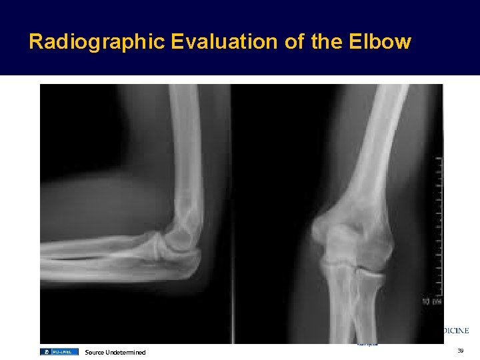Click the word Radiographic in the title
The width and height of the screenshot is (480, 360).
[97, 42]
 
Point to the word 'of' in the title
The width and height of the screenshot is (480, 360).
[295, 42]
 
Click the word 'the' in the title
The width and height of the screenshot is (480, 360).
[327, 42]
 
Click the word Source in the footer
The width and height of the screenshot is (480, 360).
[94, 352]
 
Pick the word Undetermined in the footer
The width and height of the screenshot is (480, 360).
[125, 352]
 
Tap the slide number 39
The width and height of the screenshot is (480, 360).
[461, 351]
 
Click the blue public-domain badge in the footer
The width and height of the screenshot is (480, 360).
[59, 351]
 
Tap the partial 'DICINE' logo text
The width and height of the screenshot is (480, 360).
[456, 330]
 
